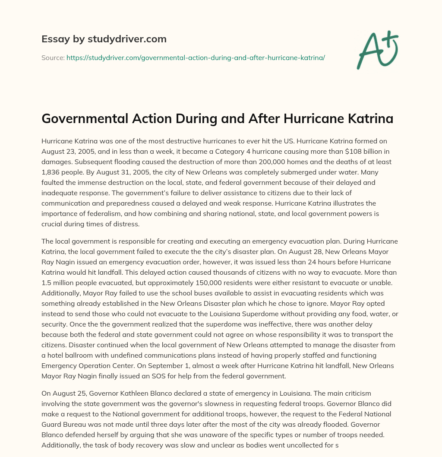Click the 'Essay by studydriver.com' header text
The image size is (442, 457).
pos(104,39)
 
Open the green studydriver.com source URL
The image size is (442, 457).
pos(195,57)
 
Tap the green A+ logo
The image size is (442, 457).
pos(377,49)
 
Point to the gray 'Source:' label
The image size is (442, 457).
pos(53,57)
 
